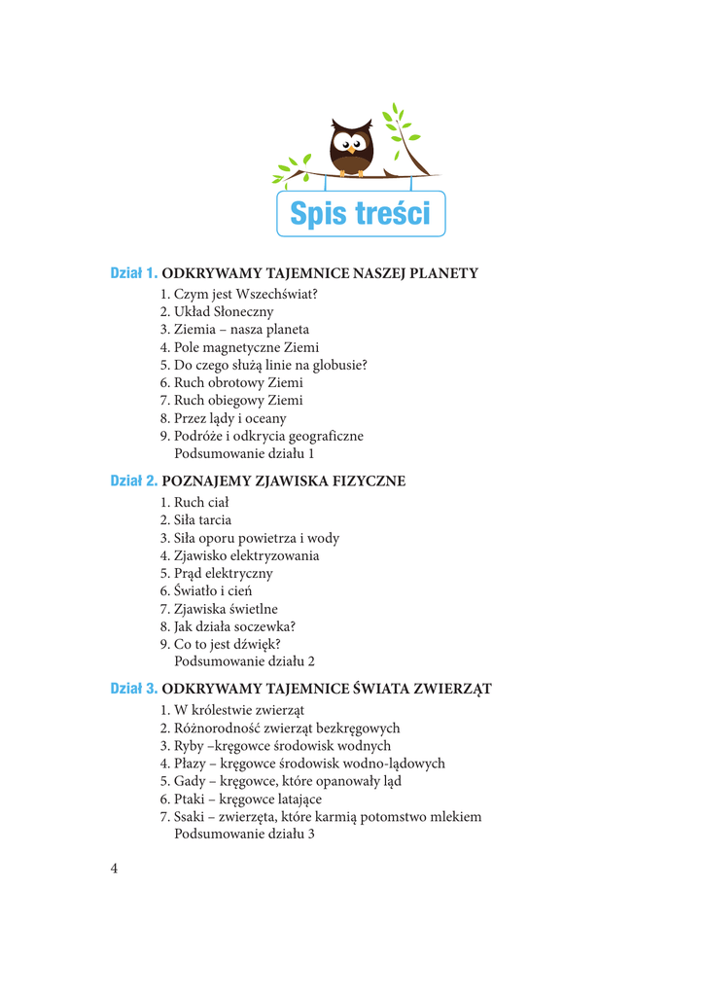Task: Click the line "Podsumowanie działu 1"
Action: pos(244,453)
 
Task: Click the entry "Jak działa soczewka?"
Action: pos(228,626)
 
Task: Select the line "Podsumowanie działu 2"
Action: pos(244,661)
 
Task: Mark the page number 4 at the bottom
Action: pos(114,869)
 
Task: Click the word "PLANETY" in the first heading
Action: pos(443,273)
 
